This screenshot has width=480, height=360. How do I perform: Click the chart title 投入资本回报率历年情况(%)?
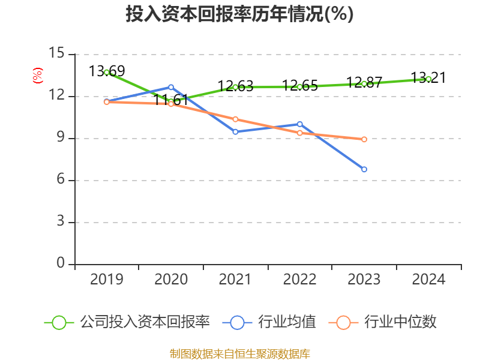(239, 14)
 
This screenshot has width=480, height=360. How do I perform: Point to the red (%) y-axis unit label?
(37, 76)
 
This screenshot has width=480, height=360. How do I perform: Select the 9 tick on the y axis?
(60, 138)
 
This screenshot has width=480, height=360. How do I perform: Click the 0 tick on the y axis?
(60, 264)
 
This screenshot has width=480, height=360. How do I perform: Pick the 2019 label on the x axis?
(107, 280)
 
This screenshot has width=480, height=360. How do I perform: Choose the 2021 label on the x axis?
(235, 280)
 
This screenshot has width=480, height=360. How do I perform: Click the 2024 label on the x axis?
(428, 280)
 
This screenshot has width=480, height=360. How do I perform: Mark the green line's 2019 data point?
(107, 72)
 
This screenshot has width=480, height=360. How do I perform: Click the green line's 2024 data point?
(428, 79)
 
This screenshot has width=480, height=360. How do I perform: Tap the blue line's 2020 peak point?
(171, 87)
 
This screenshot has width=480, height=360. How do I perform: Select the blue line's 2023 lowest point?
(364, 169)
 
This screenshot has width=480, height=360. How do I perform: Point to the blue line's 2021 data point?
(235, 131)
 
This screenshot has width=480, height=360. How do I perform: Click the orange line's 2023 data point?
(364, 139)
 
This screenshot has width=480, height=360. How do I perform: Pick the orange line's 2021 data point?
(235, 119)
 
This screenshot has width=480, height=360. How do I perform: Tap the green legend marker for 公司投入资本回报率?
(59, 322)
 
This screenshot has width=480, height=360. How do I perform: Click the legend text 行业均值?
(287, 322)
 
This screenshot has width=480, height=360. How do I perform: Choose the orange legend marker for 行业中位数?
(343, 322)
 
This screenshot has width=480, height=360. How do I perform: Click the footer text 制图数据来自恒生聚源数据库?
(239, 353)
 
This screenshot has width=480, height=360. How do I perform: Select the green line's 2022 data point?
(300, 86)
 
